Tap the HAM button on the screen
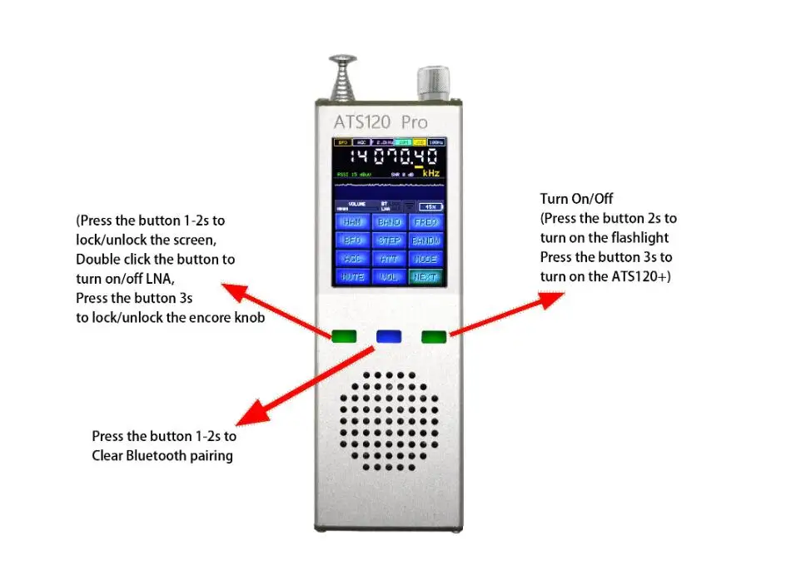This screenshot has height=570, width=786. click(x=353, y=222)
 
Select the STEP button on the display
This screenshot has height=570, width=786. click(x=390, y=240)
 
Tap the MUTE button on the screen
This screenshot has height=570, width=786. click(x=353, y=277)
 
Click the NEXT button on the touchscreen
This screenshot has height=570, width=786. click(x=426, y=277)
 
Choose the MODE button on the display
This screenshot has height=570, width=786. click(x=426, y=259)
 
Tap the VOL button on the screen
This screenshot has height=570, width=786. click(x=390, y=277)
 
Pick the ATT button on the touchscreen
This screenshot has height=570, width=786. click(x=390, y=259)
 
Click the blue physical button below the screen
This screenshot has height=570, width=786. click(x=389, y=336)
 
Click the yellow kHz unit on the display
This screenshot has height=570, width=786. click(x=430, y=173)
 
